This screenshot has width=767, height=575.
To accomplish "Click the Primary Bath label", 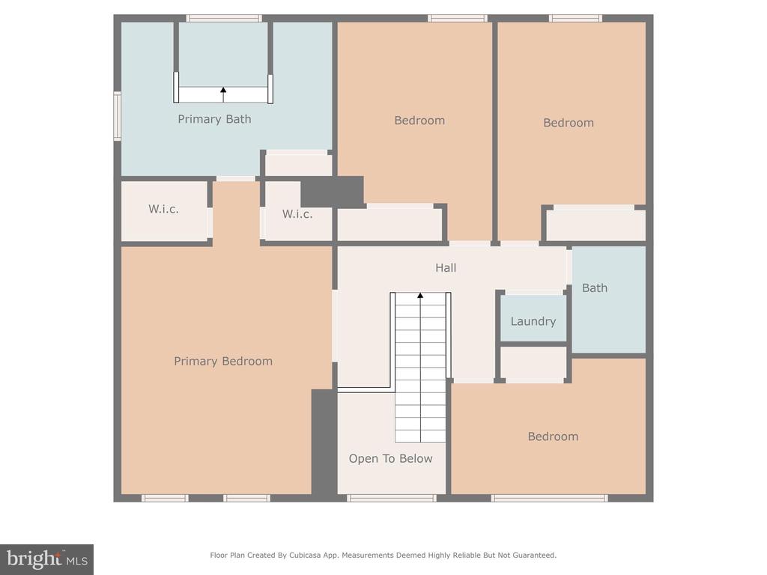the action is (214, 119).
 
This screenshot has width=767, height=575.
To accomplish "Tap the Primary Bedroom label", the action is (223, 362).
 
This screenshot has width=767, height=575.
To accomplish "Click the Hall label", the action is (446, 267).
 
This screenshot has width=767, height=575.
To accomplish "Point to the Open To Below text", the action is (390, 459).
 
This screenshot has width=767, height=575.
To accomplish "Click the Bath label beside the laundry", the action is (595, 288).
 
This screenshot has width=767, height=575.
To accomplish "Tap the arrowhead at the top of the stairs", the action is (420, 295).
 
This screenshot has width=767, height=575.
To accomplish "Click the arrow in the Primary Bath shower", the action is (223, 95).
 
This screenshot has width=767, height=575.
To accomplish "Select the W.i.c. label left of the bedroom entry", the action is (163, 210).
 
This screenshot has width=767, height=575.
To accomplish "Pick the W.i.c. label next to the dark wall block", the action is (297, 214).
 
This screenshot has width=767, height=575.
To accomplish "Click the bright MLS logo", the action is (47, 559).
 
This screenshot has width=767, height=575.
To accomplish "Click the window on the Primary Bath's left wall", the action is (118, 116).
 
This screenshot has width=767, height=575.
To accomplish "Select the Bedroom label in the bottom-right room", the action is (553, 436).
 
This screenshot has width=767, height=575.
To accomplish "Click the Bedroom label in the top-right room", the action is (569, 123).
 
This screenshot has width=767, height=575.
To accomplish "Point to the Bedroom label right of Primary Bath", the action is (419, 121).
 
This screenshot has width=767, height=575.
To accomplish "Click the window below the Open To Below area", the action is (391, 498).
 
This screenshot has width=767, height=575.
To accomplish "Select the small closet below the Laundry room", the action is (533, 364).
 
